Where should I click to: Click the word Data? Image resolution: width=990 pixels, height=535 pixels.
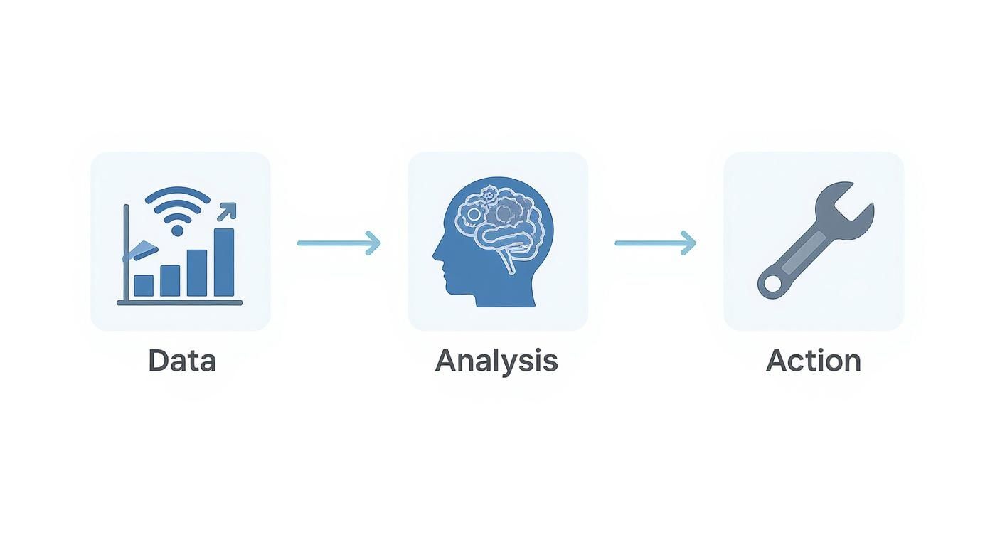pyautogui.click(x=182, y=361)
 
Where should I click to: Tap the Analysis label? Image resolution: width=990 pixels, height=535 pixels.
pyautogui.click(x=496, y=361)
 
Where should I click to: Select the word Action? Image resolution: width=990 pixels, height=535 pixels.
pyautogui.click(x=814, y=361)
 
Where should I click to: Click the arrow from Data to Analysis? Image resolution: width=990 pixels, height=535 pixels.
pyautogui.click(x=339, y=243)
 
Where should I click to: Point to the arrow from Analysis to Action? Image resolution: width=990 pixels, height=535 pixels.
pyautogui.click(x=656, y=243)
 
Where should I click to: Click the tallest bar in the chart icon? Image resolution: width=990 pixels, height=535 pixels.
pyautogui.click(x=224, y=263)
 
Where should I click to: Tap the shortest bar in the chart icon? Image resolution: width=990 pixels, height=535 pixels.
pyautogui.click(x=144, y=285)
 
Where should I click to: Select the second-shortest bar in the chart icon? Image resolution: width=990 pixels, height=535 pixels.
pyautogui.click(x=170, y=281)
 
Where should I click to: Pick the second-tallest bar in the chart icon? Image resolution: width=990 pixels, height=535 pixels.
pyautogui.click(x=197, y=272)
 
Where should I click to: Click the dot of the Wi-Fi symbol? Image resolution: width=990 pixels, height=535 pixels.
pyautogui.click(x=177, y=230)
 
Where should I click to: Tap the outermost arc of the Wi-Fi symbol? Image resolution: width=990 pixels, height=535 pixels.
pyautogui.click(x=178, y=195)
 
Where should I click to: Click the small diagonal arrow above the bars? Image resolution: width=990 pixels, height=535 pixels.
pyautogui.click(x=227, y=212)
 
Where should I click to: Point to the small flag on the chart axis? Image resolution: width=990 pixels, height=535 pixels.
pyautogui.click(x=141, y=250)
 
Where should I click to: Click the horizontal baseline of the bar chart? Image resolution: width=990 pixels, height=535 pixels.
pyautogui.click(x=180, y=302)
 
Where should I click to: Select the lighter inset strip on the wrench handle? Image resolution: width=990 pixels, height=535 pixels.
pyautogui.click(x=804, y=253)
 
